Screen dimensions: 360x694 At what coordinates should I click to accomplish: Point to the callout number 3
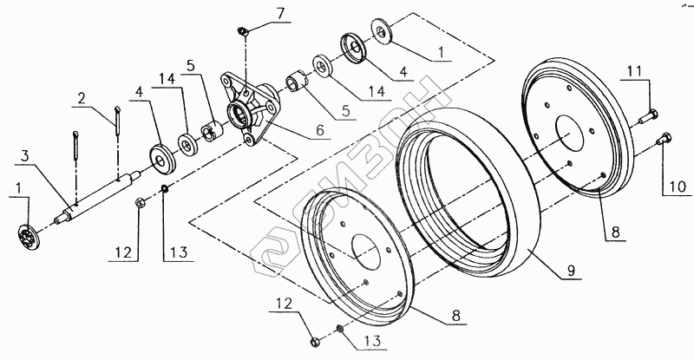[26, 156]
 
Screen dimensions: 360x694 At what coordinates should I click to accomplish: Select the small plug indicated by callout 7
[244, 31]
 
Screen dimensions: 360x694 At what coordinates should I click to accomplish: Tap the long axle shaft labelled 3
[100, 195]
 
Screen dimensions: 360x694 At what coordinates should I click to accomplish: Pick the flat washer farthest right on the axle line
[381, 31]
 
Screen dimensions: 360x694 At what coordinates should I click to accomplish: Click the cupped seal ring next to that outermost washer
[354, 47]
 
